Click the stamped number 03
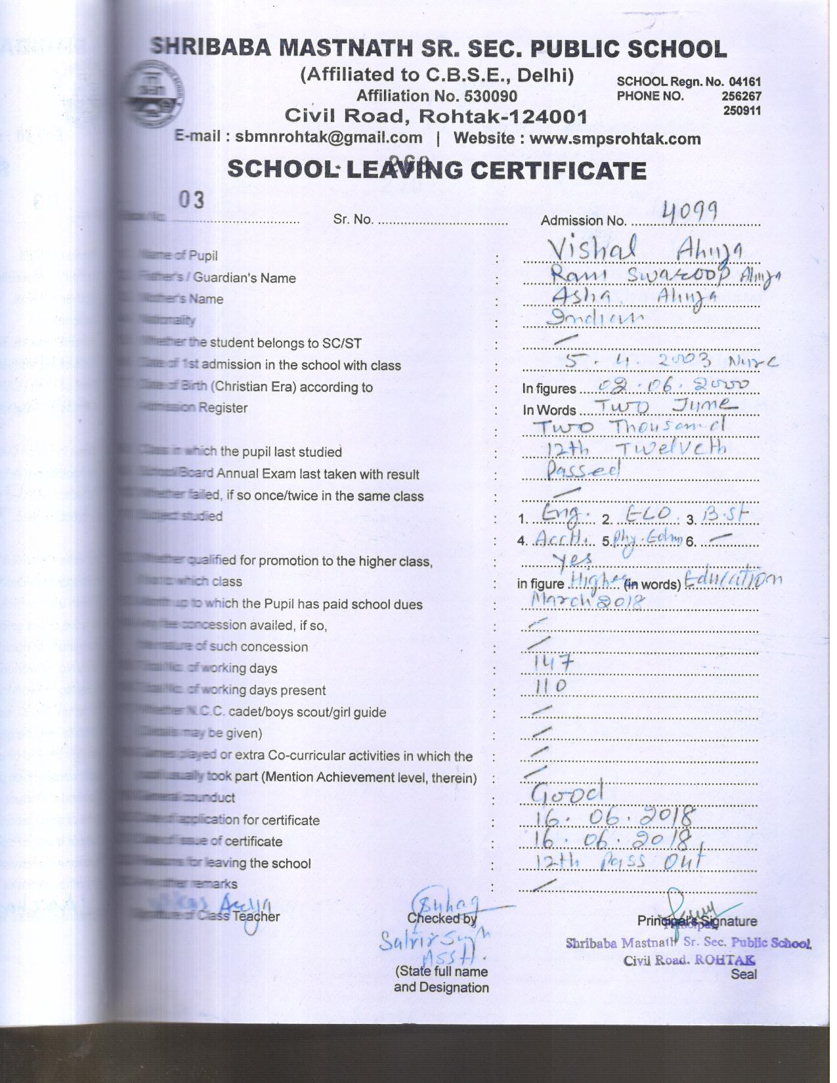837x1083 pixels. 191,200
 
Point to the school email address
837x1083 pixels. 328,138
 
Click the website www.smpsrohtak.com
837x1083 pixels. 614,139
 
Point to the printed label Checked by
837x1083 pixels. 442,918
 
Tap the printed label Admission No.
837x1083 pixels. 583,221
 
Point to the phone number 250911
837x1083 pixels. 742,110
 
